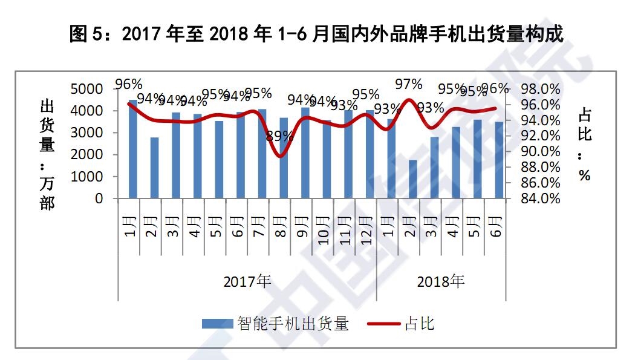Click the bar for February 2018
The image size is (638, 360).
pos(412,179)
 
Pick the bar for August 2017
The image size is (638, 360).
pos(284,158)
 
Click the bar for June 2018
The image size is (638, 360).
pos(499,160)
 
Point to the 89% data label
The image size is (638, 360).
pos(279,136)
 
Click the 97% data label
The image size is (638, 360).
pos(408,83)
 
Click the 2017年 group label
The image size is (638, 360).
pos(247,281)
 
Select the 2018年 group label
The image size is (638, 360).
pos(441,281)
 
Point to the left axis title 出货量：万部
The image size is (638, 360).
pos(47,155)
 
